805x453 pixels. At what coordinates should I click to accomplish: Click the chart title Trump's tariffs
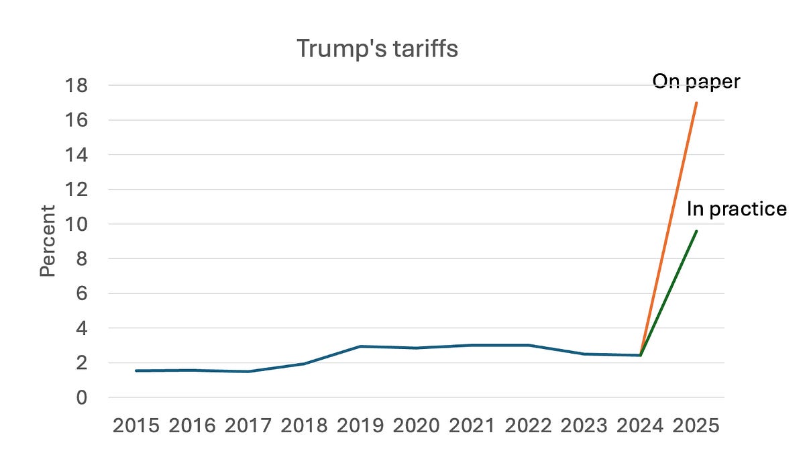[x=377, y=48]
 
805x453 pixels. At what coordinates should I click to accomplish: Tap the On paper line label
[x=696, y=82]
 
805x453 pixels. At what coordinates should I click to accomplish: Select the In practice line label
[x=736, y=209]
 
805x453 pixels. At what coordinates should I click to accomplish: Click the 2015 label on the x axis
[x=137, y=426]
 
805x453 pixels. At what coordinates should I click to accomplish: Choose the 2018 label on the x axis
[x=305, y=426]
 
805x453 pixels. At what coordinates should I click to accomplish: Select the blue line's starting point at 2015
[x=137, y=370]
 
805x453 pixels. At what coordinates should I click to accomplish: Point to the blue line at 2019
[x=361, y=346]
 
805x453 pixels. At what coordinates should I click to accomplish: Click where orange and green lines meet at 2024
[x=641, y=355]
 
